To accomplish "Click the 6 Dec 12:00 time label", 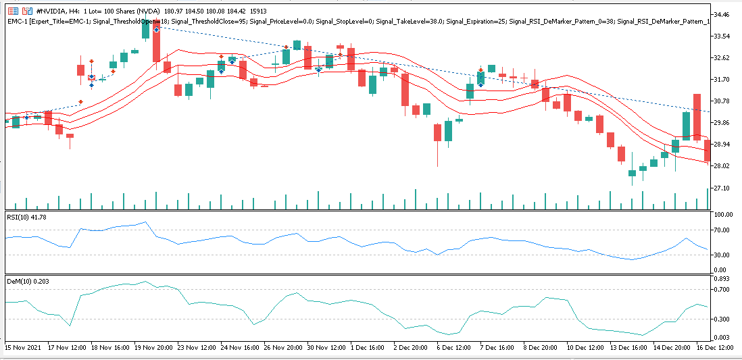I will tap(454, 346).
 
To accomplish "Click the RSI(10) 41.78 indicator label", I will tap(27, 217).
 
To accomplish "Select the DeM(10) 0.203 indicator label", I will tap(28, 280).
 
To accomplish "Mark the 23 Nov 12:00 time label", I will tap(197, 346).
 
